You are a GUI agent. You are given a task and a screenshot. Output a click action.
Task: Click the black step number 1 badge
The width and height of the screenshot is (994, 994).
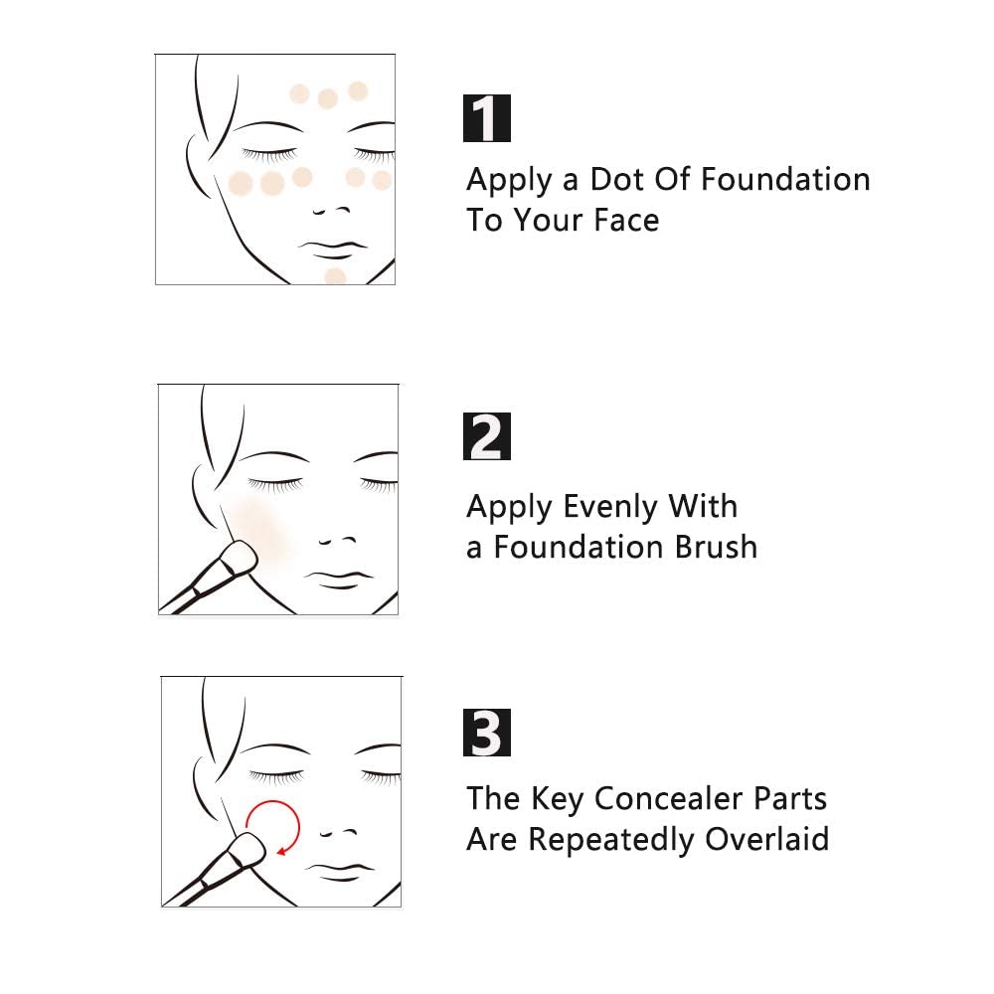(x=487, y=118)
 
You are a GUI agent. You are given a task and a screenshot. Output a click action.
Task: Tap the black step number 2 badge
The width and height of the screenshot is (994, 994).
(x=487, y=436)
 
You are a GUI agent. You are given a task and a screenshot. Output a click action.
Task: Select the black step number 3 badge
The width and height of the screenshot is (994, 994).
(x=487, y=733)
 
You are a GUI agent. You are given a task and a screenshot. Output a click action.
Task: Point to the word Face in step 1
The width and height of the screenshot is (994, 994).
(x=626, y=220)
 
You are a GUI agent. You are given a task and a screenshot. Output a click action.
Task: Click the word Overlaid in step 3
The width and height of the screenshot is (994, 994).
(x=767, y=839)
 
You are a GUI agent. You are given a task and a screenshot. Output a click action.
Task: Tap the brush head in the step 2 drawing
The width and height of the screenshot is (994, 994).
(x=240, y=557)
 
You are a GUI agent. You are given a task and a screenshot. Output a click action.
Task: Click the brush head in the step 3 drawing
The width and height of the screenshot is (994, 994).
(x=248, y=850)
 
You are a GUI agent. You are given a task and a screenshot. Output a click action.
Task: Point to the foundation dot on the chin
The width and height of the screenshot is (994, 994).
(x=335, y=276)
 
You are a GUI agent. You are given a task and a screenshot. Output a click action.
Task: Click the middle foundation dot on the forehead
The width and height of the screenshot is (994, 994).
(x=328, y=98)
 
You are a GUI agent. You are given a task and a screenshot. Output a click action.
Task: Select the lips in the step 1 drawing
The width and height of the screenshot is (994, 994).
(x=332, y=249)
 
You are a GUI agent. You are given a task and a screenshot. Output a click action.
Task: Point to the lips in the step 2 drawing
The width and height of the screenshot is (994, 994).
(x=339, y=580)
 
